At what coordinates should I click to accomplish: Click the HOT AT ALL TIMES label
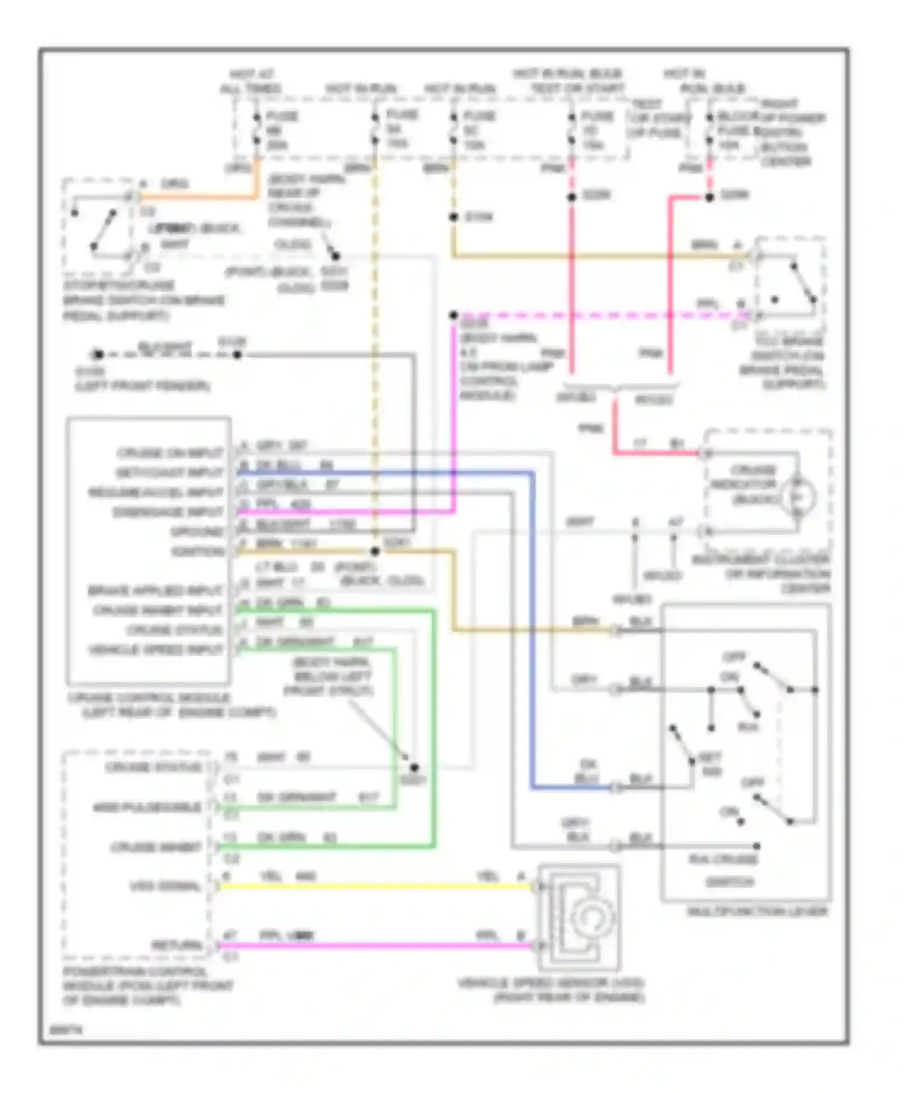coord(250,81)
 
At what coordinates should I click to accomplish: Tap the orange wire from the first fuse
coord(199,196)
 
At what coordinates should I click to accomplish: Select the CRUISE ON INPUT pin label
coord(170,453)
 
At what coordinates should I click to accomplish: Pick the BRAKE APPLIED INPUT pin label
coord(155,590)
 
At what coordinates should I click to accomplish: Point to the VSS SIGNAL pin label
coord(165,886)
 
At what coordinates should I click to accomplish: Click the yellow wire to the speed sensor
coord(374,886)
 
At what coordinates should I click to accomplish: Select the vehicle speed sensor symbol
coord(579,916)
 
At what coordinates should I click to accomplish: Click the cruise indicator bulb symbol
coord(798,497)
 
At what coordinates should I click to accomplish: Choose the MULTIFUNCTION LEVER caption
coord(758,912)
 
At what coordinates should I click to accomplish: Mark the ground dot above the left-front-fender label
coord(98,354)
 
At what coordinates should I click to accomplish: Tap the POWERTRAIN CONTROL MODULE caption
coord(148,986)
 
